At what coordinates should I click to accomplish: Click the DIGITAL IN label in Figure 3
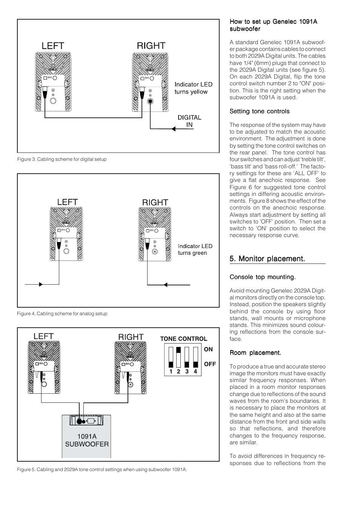point(189,121)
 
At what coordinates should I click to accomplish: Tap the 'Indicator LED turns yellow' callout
point(193,88)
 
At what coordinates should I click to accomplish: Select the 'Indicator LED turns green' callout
point(195,250)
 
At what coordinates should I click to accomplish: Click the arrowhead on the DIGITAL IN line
point(174,129)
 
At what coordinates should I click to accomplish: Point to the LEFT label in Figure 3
point(53,46)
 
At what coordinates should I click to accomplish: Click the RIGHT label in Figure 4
point(155,202)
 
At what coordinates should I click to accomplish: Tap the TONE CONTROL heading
point(183,339)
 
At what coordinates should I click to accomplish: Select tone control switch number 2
point(179,357)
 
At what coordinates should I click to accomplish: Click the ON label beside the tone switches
point(208,349)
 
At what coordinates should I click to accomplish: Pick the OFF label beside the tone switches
point(210,364)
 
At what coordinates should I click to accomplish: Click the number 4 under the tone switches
point(195,371)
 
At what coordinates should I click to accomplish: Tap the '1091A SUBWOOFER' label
point(87,440)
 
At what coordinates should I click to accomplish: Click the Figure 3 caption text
point(62,159)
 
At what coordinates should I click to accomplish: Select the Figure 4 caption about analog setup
point(62,314)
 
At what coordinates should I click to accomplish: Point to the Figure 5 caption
point(102,470)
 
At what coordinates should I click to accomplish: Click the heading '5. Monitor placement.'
point(267,259)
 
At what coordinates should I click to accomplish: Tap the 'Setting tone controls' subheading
point(260,111)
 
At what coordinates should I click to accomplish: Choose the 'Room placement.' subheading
point(255,353)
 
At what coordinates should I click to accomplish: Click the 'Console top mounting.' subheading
point(263,277)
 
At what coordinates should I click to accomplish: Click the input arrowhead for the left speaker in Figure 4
point(40,284)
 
